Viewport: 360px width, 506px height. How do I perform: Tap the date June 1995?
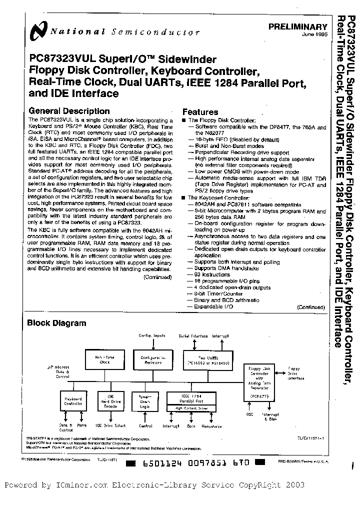(314, 35)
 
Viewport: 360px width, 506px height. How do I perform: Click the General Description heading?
(69, 111)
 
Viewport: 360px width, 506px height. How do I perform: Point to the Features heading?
(200, 112)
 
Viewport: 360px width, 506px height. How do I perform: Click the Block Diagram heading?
(56, 323)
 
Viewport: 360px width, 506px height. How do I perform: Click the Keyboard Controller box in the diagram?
(73, 401)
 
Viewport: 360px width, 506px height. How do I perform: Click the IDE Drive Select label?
(110, 426)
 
